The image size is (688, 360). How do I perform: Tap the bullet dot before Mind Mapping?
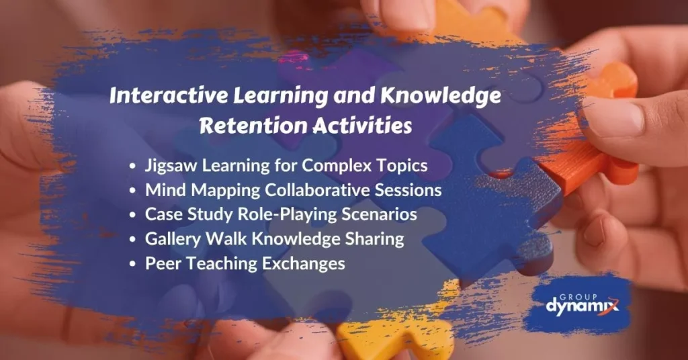tap(135, 191)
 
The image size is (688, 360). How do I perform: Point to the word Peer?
tap(160, 263)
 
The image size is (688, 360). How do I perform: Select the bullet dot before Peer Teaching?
tap(135, 264)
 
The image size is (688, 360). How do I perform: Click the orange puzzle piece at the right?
tap(605, 134)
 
